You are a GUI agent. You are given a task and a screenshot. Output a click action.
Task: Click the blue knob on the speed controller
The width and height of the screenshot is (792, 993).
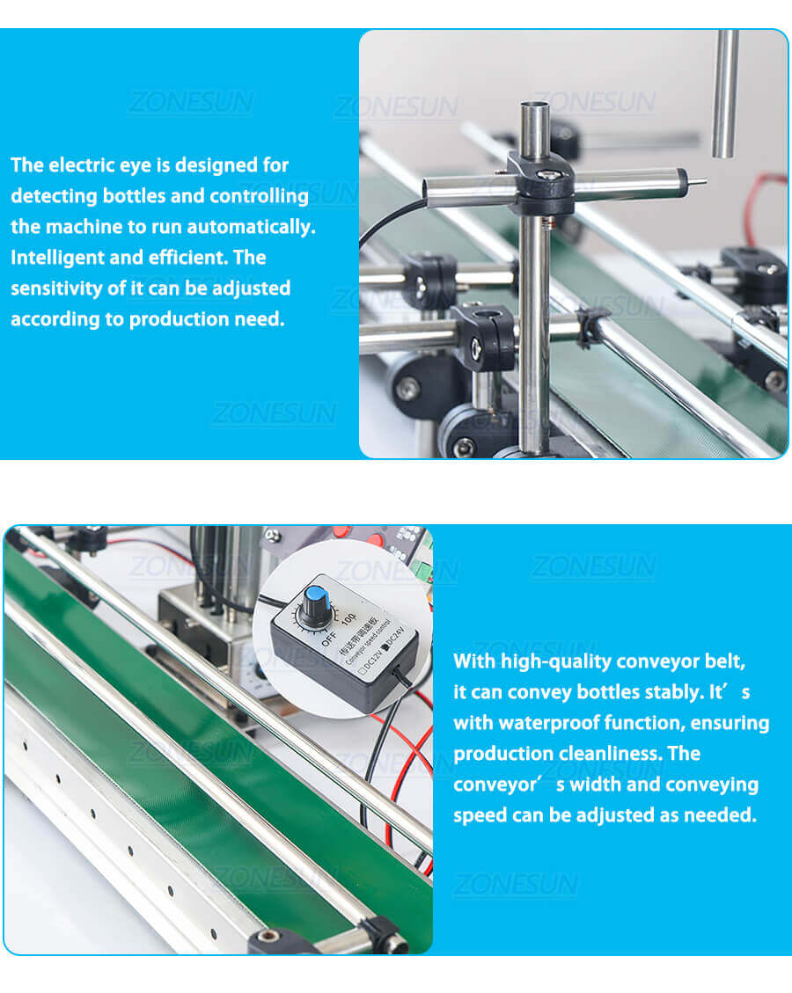pyautogui.click(x=313, y=605)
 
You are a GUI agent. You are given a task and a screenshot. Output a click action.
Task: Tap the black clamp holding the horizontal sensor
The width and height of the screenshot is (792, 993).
pyautogui.click(x=540, y=181)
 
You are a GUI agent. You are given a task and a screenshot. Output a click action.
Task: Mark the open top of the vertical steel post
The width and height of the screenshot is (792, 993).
pyautogui.click(x=534, y=107)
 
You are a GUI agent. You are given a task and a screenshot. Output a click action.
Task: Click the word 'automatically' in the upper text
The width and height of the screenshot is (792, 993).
pyautogui.click(x=255, y=226)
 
